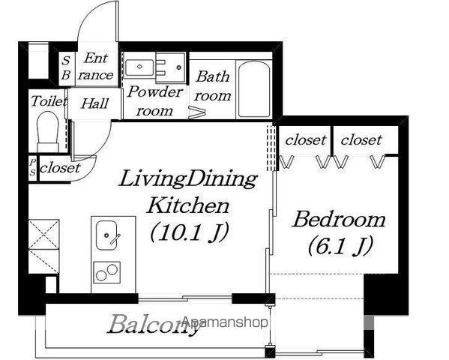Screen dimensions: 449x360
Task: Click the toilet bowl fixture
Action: click(48, 131)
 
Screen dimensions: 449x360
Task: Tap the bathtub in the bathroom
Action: click(254, 89)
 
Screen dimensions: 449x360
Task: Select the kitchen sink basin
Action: click(106, 235)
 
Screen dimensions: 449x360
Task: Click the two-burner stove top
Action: click(106, 272)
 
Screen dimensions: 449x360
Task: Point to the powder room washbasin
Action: click(139, 67)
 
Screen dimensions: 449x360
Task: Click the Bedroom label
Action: click(339, 220)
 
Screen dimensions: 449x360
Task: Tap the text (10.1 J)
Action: click(190, 232)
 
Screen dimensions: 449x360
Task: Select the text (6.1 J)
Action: click(340, 245)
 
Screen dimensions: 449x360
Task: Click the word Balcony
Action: click(153, 324)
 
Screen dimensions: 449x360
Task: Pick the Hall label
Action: click(94, 103)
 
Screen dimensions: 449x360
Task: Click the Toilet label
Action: click(49, 101)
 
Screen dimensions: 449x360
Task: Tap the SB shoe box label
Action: click(66, 68)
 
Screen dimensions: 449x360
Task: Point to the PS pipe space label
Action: click(33, 167)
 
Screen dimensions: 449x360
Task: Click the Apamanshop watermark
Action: click(225, 322)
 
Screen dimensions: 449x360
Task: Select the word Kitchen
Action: click(187, 205)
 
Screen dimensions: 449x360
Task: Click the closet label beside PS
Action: click(60, 168)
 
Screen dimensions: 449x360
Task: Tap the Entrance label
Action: click(96, 67)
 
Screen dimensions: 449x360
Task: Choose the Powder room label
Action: click(154, 101)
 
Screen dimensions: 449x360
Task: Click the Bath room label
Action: click(212, 86)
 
